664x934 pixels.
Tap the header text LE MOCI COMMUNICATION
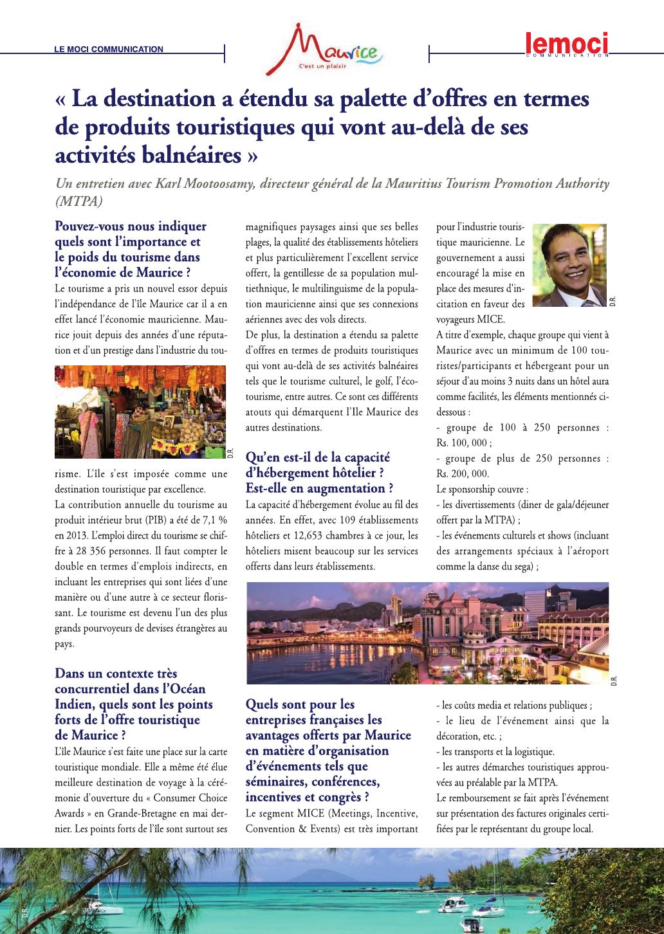tap(109, 49)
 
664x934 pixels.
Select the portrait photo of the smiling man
tap(571, 266)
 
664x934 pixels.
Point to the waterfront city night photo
tap(427, 633)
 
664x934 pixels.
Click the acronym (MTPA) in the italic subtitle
tap(79, 201)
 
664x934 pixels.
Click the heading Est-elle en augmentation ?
tap(320, 488)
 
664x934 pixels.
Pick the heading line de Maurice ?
tap(90, 735)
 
